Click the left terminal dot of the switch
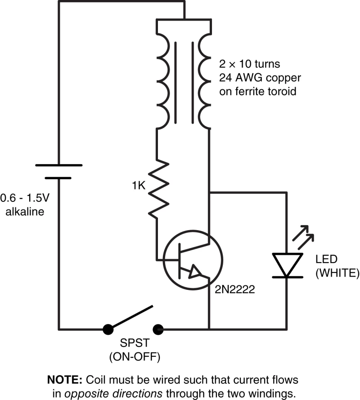click(108, 329)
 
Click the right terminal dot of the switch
click(158, 329)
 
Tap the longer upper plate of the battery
click(58, 165)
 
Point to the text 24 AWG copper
click(260, 77)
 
